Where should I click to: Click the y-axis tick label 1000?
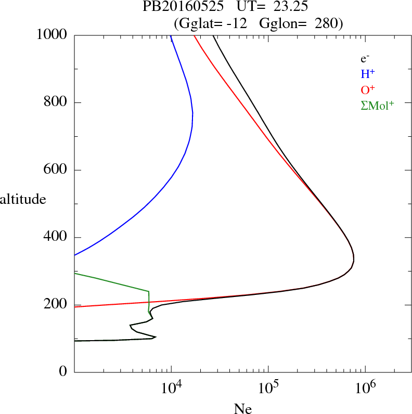[x=52, y=35]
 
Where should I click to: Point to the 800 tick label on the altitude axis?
[x=56, y=102]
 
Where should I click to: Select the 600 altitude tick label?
[x=56, y=170]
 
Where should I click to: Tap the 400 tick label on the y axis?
[x=56, y=238]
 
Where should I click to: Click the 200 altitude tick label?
[x=56, y=305]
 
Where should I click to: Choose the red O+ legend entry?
[x=368, y=90]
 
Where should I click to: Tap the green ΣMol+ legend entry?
[x=377, y=106]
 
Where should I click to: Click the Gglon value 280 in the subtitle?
[x=329, y=23]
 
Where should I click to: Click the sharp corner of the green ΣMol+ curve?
[x=149, y=291]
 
